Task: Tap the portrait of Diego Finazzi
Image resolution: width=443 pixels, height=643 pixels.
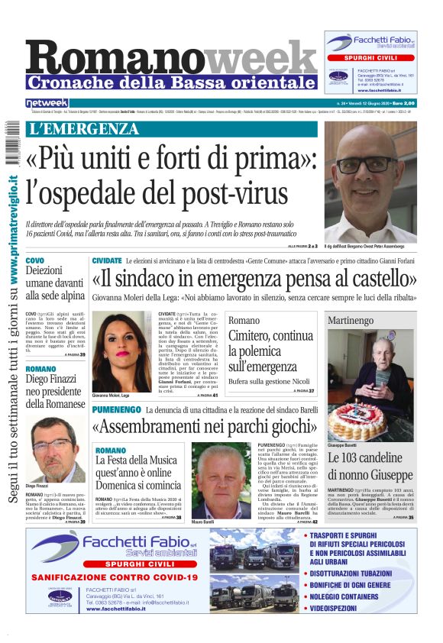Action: [55, 450]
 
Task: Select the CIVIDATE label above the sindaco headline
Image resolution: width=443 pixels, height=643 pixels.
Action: [107, 261]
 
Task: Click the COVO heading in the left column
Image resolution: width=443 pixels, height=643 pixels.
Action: [35, 260]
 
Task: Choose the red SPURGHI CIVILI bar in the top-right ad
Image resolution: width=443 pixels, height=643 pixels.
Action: [370, 57]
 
